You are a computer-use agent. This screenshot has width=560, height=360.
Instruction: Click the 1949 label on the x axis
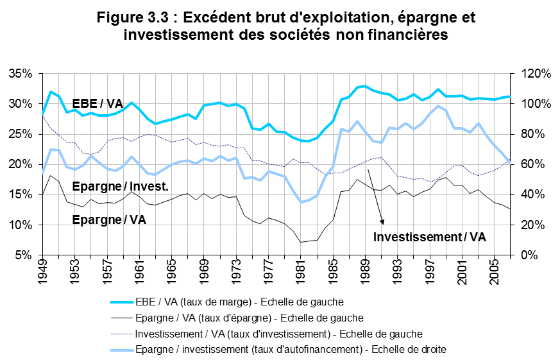42,272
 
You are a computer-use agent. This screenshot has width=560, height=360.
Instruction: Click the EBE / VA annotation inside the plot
98,104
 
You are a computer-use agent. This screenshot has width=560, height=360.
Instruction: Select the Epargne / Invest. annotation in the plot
120,187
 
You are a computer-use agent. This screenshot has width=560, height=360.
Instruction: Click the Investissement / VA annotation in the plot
430,236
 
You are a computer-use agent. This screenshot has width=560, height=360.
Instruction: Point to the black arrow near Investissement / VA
376,196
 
